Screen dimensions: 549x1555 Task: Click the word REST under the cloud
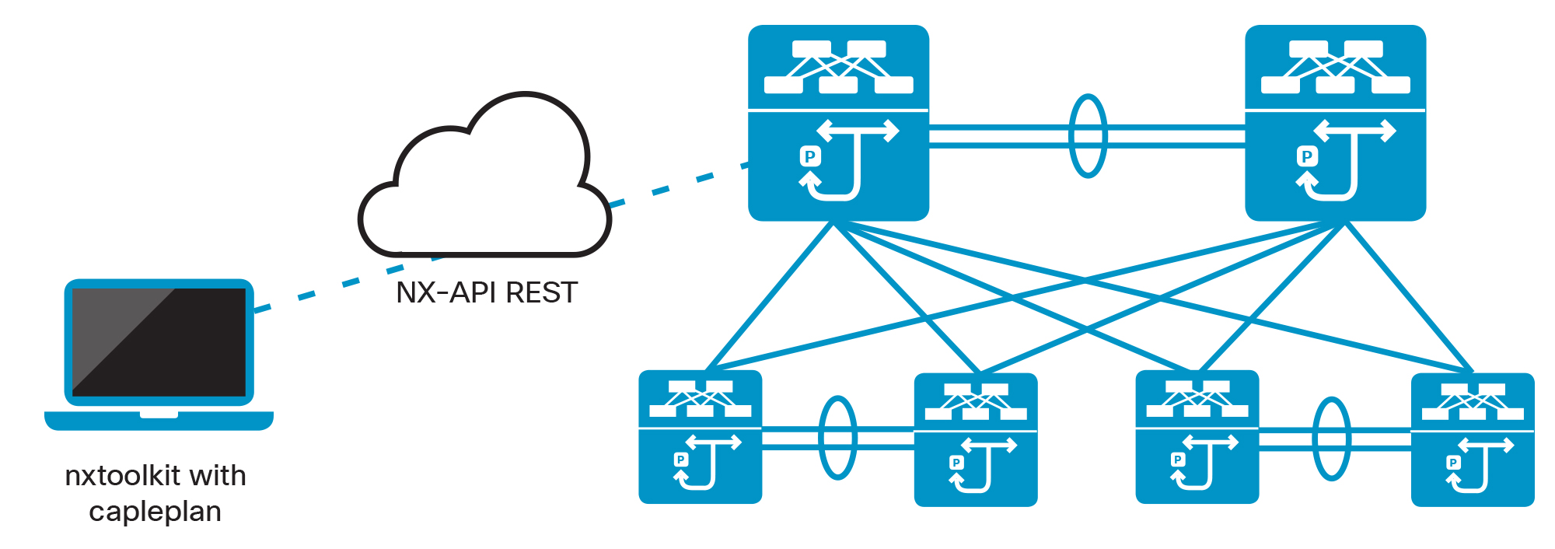pyautogui.click(x=541, y=293)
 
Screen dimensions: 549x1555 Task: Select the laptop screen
pyautogui.click(x=159, y=342)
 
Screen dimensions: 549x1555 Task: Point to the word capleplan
pyautogui.click(x=155, y=512)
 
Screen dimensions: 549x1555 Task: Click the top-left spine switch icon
pyautogui.click(x=838, y=123)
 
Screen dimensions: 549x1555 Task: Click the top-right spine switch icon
pyautogui.click(x=1335, y=123)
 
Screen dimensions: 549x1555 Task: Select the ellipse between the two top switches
pyautogui.click(x=1087, y=136)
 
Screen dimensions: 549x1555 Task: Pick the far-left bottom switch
pyautogui.click(x=700, y=437)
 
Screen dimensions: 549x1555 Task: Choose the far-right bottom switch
pyautogui.click(x=1472, y=440)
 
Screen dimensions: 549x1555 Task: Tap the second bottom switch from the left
pyautogui.click(x=975, y=440)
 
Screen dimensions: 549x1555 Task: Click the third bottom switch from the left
pyautogui.click(x=1197, y=437)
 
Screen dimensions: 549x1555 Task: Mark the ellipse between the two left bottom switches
pyautogui.click(x=837, y=438)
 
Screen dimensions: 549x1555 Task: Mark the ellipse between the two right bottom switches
pyautogui.click(x=1331, y=439)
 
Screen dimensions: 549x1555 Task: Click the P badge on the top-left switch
pyautogui.click(x=810, y=156)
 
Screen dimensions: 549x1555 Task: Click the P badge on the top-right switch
pyautogui.click(x=1307, y=156)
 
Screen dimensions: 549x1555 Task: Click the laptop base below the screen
pyautogui.click(x=159, y=421)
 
